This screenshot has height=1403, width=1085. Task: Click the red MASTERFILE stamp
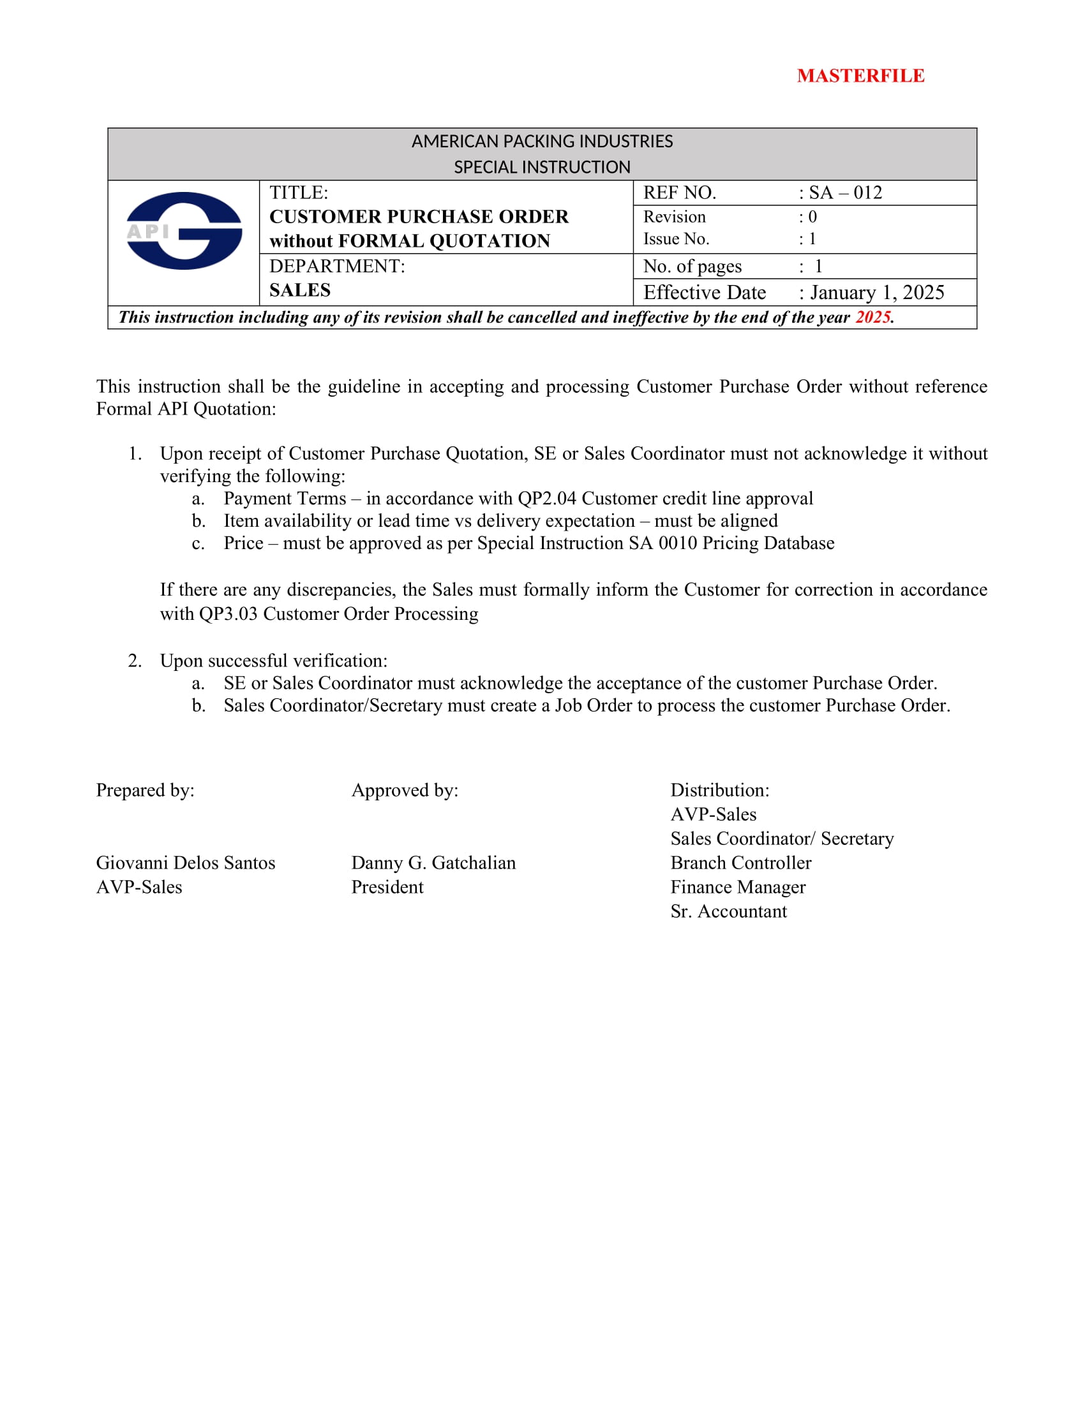tap(860, 76)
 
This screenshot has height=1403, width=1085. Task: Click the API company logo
tap(184, 231)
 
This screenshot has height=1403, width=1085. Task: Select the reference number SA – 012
tap(844, 193)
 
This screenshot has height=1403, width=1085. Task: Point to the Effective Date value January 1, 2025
tap(877, 293)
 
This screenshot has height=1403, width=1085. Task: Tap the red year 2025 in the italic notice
tap(872, 318)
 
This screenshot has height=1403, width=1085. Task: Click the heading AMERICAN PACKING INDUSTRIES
tap(542, 142)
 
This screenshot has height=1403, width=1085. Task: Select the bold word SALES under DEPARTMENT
tap(299, 290)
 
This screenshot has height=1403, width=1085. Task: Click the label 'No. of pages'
tap(692, 267)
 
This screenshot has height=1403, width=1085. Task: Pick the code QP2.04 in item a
tap(547, 499)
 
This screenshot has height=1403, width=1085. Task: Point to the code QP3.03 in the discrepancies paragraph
tap(228, 614)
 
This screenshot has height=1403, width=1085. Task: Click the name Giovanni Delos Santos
tap(186, 863)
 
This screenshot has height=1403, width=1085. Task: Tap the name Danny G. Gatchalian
tap(433, 863)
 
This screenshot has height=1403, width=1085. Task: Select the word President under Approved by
tap(387, 887)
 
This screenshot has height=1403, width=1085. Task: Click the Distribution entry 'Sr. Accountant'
tap(728, 911)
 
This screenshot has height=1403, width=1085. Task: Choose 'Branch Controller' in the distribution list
tap(740, 863)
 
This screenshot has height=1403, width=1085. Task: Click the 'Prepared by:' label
tap(146, 790)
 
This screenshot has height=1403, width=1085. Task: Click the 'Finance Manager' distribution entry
tap(738, 887)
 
